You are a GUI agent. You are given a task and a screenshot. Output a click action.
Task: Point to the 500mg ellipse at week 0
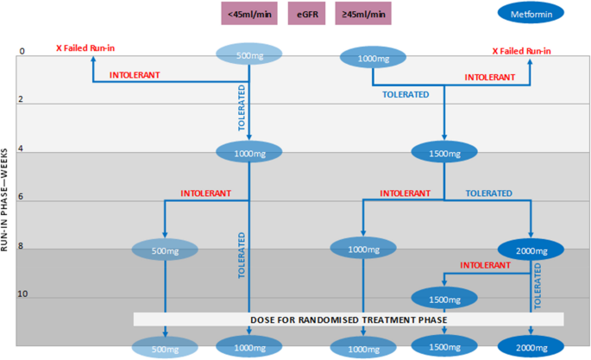[249, 54]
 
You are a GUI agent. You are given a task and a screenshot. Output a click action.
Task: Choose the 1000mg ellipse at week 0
[373, 59]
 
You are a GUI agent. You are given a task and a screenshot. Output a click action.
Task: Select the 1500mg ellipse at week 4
[443, 153]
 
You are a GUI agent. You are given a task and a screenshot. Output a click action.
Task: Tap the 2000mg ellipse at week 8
[530, 251]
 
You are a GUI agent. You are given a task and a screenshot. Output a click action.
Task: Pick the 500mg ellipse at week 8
[164, 250]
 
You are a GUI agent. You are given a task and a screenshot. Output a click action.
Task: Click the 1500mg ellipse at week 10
[443, 299]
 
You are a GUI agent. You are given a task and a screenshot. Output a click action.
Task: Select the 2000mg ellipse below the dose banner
[530, 346]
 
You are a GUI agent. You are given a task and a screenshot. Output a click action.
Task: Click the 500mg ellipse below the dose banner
[164, 347]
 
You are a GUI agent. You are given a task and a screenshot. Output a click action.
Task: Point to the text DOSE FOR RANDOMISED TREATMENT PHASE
[349, 319]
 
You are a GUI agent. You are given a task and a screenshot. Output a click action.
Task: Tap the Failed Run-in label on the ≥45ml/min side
[521, 50]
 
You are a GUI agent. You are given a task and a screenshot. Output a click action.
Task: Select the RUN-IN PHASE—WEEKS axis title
[7, 199]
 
